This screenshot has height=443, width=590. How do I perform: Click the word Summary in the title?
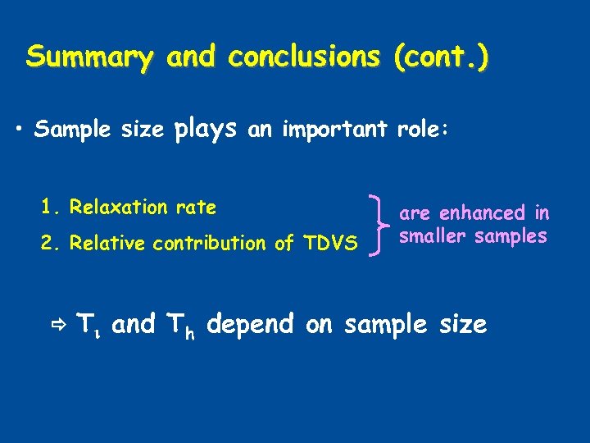[x=89, y=57]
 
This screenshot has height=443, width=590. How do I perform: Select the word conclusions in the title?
[x=304, y=57]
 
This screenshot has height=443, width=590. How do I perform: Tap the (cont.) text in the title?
[x=442, y=57]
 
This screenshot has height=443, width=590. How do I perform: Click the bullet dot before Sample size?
[x=20, y=130]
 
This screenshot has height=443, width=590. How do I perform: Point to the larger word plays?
[x=206, y=129]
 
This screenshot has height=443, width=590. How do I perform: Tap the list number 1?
[x=47, y=207]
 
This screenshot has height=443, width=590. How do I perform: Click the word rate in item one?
[x=197, y=207]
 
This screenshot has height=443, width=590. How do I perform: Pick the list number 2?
[x=47, y=243]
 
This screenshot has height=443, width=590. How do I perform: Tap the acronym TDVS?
[x=330, y=243]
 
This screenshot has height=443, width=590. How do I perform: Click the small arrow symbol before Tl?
[x=61, y=326]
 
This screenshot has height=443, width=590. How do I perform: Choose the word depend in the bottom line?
[x=250, y=325]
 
